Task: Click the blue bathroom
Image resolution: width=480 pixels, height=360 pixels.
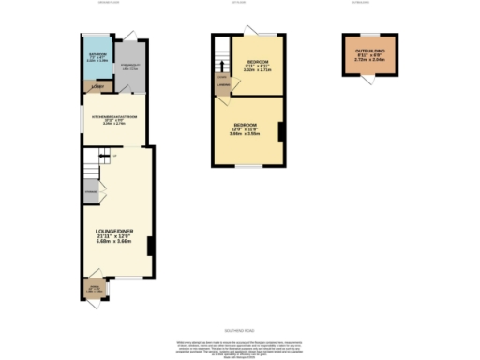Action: click(95, 59)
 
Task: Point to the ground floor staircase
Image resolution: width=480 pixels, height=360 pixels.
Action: click(90, 170)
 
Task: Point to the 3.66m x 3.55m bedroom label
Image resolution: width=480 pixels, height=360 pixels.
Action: click(247, 131)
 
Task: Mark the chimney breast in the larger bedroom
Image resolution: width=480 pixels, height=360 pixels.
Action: click(279, 131)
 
